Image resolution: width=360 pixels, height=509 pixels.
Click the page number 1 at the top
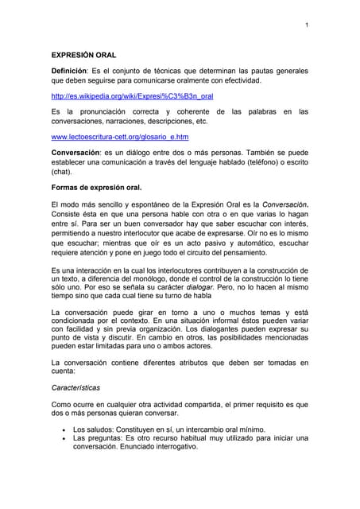tap(306, 25)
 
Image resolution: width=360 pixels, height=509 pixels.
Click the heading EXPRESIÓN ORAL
tap(83, 56)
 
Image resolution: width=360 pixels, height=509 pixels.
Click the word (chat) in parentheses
tap(61, 171)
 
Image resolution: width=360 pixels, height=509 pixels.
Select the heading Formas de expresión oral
tap(96, 188)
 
